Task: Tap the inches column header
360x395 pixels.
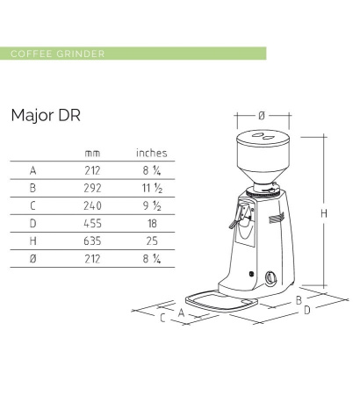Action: [151, 153]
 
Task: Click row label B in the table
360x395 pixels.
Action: [32, 188]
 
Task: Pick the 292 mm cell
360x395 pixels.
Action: [92, 188]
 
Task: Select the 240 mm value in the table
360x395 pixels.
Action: [92, 205]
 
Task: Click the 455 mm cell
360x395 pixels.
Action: [92, 223]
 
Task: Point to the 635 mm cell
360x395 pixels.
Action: [92, 241]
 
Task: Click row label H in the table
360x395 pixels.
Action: [32, 241]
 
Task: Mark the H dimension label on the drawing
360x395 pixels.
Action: [324, 213]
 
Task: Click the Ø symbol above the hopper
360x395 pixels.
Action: [262, 115]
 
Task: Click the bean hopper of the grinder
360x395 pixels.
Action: [262, 158]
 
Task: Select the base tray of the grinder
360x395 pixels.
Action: [220, 300]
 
